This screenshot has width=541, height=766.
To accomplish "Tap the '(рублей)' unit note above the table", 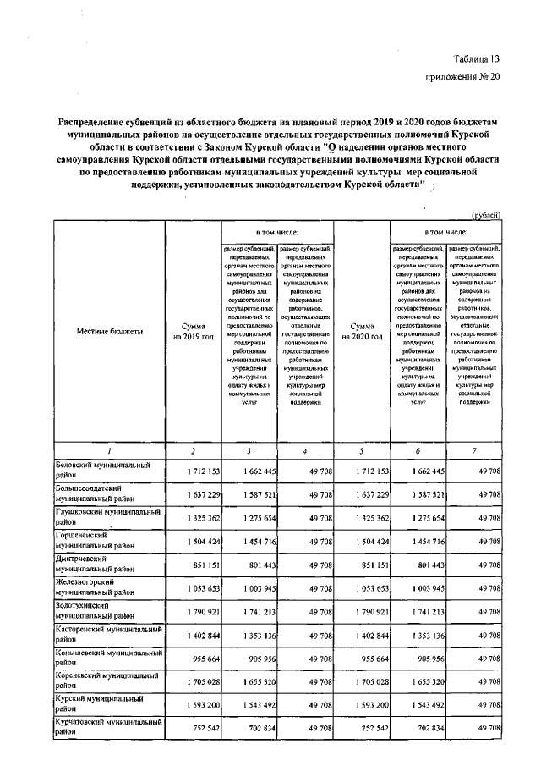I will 484,215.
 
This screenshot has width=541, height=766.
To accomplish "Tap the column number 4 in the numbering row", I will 305,450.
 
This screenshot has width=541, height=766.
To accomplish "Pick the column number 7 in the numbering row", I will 474,450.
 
